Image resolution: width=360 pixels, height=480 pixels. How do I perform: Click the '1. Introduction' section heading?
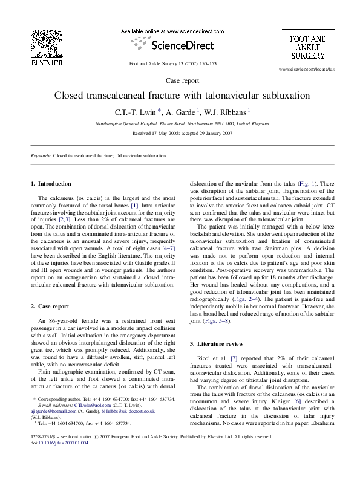[x=51, y=183]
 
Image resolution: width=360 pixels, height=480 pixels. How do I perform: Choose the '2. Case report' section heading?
[x=51, y=306]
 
